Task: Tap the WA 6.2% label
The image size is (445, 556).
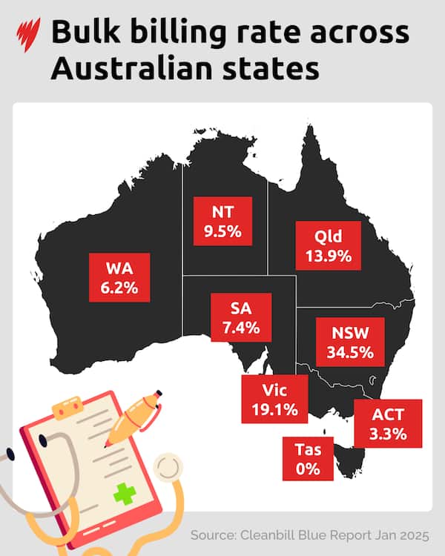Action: [119, 277]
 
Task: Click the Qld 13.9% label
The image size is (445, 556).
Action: [329, 248]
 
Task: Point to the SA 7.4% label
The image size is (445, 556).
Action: [240, 317]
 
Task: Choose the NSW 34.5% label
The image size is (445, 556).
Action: [350, 342]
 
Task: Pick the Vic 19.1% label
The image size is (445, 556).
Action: [274, 397]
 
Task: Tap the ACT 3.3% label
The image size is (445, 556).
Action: [388, 423]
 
